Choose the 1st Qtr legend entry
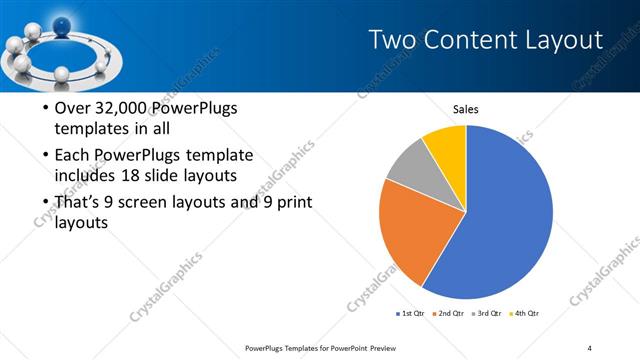coord(410,314)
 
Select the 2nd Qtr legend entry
coord(451,314)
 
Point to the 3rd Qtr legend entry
coord(490,314)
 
